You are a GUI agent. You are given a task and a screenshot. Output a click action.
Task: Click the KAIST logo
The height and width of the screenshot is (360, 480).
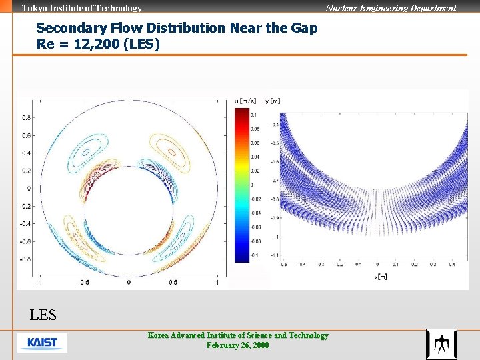42,343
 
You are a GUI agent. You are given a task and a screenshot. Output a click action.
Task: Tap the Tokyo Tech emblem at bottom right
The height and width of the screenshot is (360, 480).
441,344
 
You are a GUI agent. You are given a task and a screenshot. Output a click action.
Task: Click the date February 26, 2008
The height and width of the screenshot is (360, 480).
238,345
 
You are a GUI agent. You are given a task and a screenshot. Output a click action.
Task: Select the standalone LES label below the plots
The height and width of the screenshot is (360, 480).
43,315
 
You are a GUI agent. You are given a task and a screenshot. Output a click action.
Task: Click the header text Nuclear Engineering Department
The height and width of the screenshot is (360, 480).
391,9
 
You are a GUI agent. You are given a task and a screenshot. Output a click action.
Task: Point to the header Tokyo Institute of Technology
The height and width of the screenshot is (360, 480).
82,9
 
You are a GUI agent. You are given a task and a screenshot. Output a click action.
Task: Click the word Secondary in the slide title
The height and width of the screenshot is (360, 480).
66,28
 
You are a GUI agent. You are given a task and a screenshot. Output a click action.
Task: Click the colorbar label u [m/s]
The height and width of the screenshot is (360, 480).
245,101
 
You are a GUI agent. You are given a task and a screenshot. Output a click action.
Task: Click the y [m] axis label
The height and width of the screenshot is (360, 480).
273,101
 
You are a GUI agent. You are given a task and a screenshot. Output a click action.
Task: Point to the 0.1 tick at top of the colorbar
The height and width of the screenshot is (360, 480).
253,115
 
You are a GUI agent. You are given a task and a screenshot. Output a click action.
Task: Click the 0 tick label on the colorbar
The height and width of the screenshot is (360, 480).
251,185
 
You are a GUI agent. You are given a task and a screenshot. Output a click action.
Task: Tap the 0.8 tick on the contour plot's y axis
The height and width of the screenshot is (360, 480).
26,117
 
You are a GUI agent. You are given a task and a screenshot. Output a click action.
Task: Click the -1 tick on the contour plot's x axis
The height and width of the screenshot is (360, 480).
39,283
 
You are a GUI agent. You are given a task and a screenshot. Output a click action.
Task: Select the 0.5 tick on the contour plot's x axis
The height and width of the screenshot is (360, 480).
173,283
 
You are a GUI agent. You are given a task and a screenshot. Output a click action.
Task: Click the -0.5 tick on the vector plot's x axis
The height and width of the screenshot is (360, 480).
283,265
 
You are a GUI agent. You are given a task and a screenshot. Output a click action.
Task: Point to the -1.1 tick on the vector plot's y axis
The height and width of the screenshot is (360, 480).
274,255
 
